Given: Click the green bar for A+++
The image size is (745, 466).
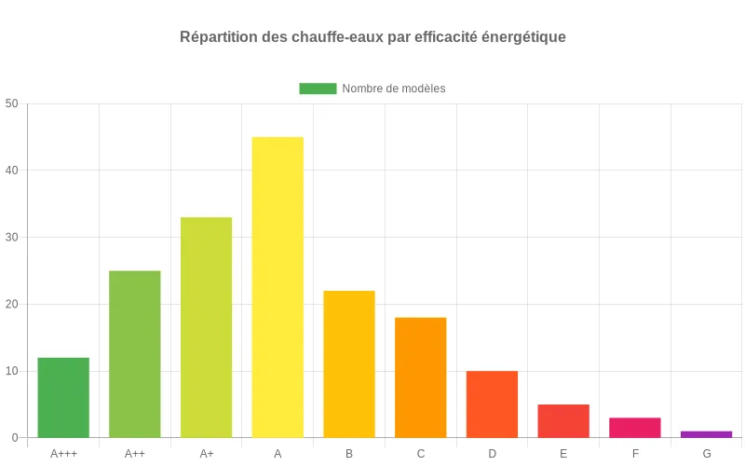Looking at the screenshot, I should point(63,398).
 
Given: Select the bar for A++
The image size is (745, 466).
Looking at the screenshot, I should point(135,354).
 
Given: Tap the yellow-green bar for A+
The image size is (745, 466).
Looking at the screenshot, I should point(206,327).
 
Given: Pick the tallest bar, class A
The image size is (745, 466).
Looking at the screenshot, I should point(278,287).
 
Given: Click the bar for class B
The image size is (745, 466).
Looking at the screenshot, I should point(349,364).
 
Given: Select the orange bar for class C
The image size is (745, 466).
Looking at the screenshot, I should point(421,377).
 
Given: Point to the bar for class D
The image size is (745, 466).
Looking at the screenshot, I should point(492,404).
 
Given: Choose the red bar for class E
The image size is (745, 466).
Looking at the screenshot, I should point(563,421).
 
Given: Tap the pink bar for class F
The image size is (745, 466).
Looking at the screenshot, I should point(635,428).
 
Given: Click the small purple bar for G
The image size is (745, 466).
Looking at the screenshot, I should point(707,434).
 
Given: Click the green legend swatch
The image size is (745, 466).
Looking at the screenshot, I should point(318,89).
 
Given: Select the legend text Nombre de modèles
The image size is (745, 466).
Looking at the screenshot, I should point(394,89).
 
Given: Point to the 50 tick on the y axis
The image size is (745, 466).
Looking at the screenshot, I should point(11,103).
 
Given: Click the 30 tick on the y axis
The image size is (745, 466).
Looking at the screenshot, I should point(11,237).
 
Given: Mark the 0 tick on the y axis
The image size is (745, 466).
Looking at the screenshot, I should point(14,438).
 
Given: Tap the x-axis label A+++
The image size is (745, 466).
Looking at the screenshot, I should point(63,454).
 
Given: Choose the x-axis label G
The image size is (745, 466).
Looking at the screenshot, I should point(707,454).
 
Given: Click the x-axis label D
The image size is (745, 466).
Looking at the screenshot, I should point(492,454).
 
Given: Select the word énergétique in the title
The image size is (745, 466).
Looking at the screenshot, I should point(522,37).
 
